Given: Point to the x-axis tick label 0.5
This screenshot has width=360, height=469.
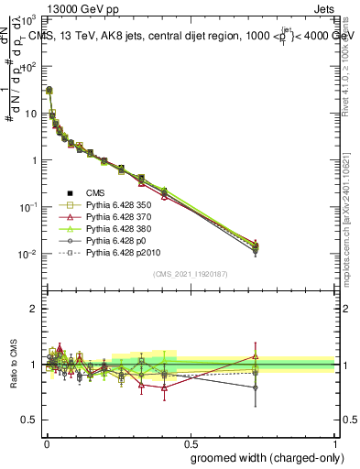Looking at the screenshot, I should (x=190, y=442).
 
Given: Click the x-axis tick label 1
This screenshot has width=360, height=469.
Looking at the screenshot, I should (x=334, y=442).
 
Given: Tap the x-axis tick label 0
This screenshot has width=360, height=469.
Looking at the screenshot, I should (x=45, y=442).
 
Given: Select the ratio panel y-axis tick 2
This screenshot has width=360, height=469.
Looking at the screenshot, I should (x=33, y=309).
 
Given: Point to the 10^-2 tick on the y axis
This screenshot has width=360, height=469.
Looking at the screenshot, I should (x=27, y=254).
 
